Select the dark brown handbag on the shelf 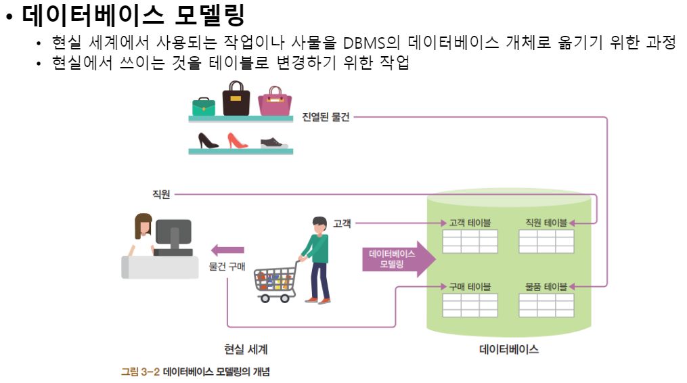click(236, 99)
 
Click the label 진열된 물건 click(326, 117)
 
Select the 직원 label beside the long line click(162, 195)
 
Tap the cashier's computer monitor click(173, 234)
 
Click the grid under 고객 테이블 click(470, 241)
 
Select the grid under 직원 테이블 click(546, 241)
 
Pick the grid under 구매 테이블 click(470, 305)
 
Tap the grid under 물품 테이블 click(546, 305)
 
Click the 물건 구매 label click(227, 266)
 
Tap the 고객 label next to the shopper click(342, 223)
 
